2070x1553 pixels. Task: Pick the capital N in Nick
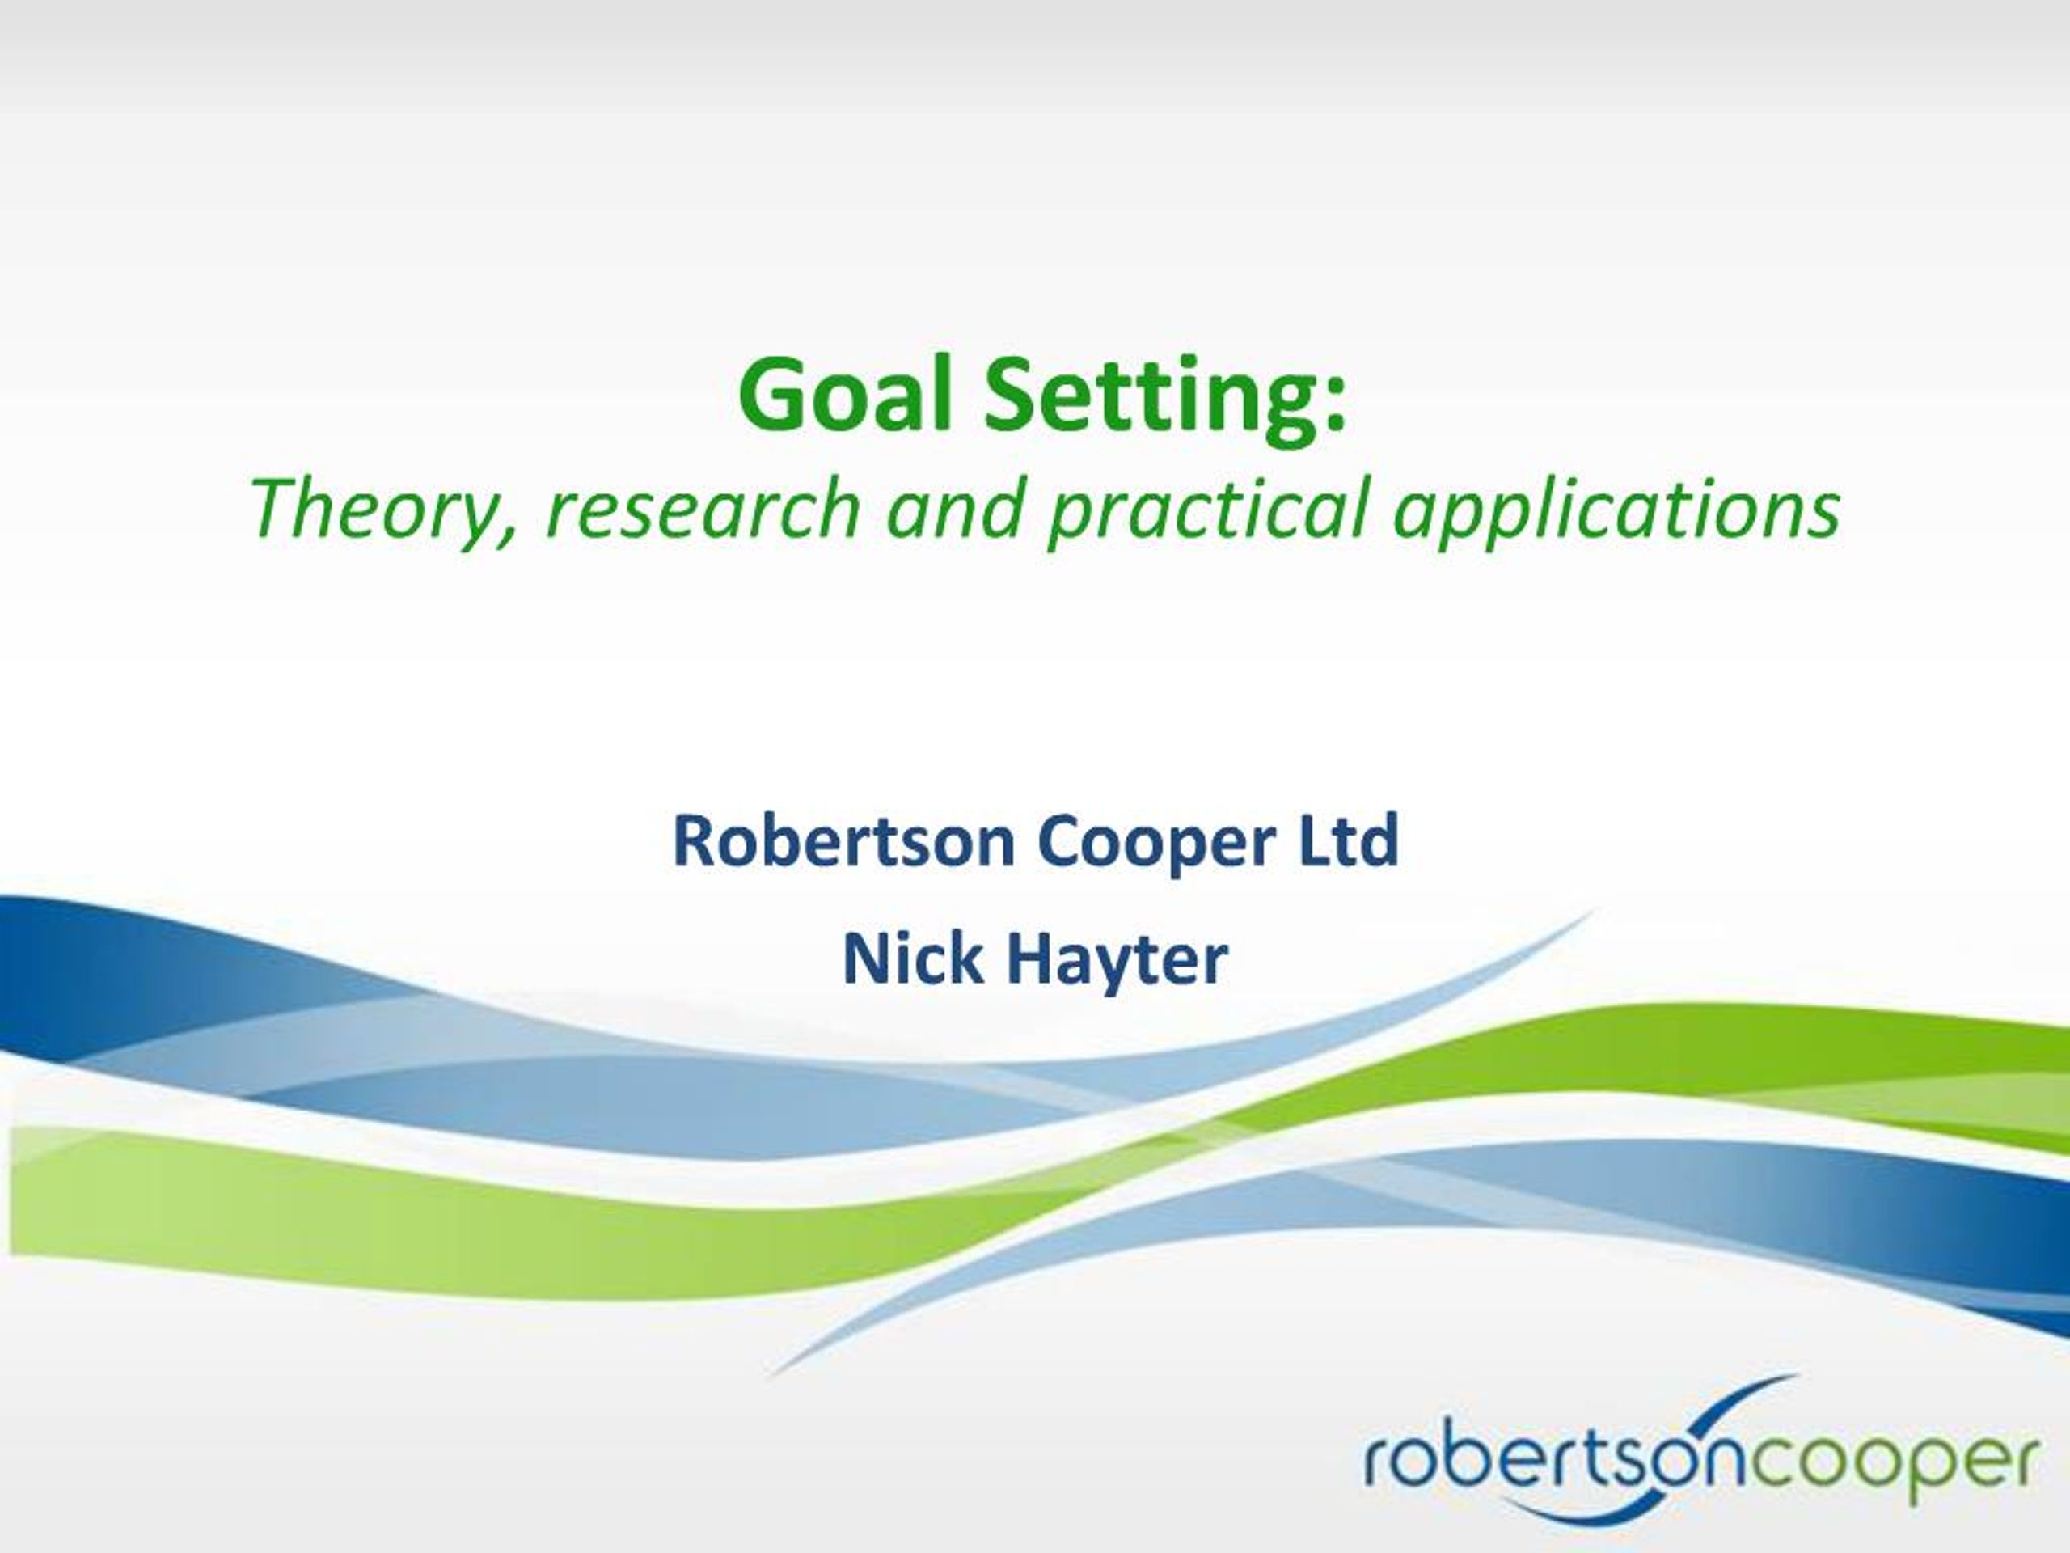coord(867,958)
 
